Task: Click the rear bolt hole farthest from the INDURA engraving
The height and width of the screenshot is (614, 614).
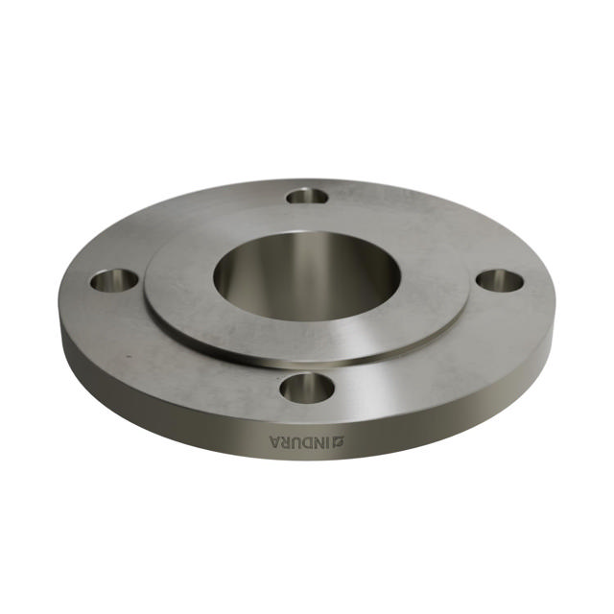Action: click(x=307, y=196)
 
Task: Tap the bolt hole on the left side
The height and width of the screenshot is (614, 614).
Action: click(x=114, y=281)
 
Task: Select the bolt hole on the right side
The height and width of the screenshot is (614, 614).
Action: click(x=500, y=281)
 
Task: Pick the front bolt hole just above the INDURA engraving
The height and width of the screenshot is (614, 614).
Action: click(x=307, y=388)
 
